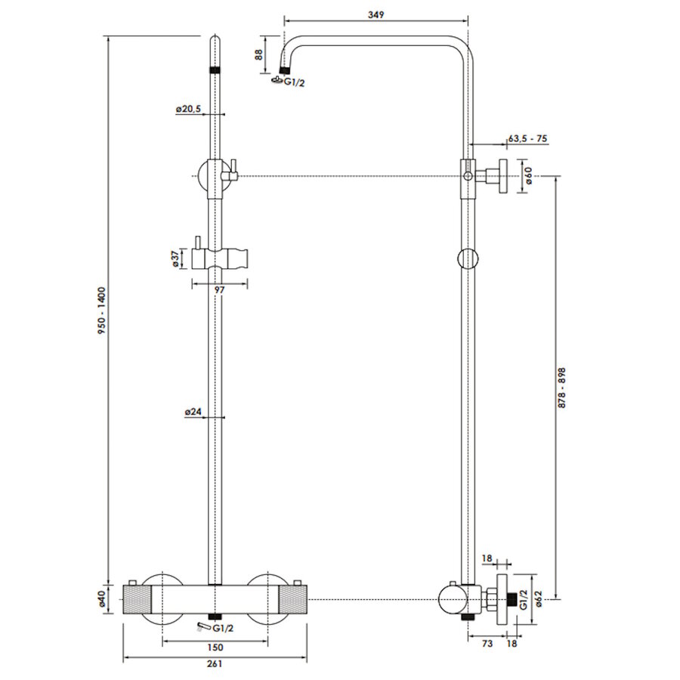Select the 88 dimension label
[259, 54]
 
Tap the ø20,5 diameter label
[188, 110]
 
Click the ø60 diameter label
[529, 175]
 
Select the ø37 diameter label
[175, 258]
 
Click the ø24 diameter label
[193, 412]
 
